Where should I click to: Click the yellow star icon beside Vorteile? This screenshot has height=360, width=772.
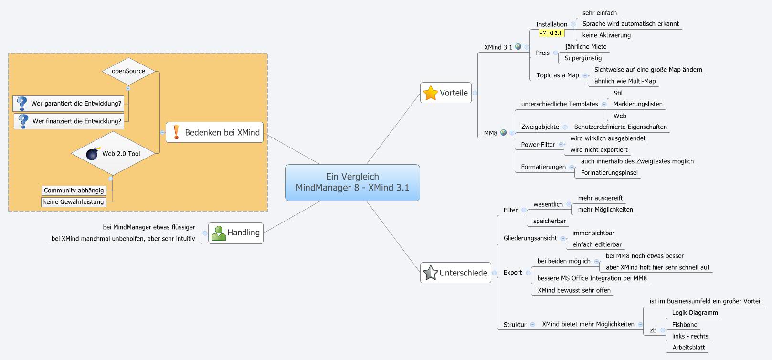(431, 93)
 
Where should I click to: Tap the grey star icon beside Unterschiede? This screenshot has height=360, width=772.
(431, 273)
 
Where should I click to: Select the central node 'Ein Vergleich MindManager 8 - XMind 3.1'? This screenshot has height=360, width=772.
(352, 182)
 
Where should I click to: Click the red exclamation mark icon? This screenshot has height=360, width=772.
(176, 132)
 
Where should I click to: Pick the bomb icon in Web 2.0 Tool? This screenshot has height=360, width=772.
(93, 153)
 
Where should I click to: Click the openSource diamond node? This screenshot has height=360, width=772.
(128, 71)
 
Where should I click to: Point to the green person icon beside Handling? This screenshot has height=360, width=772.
(218, 233)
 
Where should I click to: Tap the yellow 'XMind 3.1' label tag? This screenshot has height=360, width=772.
(551, 33)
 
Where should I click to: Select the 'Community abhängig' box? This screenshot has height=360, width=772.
(74, 191)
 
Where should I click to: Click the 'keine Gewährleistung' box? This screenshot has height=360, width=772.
(74, 202)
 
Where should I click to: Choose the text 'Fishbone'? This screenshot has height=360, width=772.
(684, 325)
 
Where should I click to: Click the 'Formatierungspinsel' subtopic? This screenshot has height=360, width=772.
(609, 173)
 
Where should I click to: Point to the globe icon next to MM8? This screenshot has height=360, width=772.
(503, 133)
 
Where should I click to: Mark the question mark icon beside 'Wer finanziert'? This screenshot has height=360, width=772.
(23, 121)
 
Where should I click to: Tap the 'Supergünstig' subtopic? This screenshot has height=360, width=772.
(583, 58)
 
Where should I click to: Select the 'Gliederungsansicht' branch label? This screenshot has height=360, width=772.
(530, 238)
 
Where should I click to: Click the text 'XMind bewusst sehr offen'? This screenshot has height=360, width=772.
(574, 290)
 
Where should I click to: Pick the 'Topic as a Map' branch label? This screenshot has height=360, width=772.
(557, 75)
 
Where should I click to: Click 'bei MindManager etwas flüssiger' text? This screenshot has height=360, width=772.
(149, 227)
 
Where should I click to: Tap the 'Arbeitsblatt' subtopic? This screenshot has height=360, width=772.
(688, 348)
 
